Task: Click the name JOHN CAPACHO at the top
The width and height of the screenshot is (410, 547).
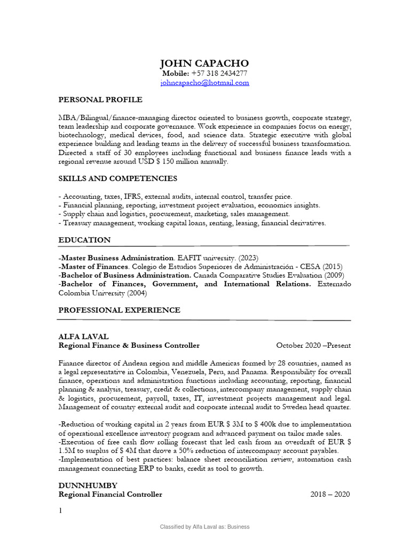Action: [x=204, y=64]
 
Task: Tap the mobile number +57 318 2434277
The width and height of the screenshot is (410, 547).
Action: [x=216, y=74]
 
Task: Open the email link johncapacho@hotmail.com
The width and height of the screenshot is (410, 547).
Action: [x=204, y=83]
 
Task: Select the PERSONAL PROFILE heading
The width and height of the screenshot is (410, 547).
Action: [x=100, y=99]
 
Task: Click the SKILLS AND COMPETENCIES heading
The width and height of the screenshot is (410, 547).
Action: [x=117, y=178]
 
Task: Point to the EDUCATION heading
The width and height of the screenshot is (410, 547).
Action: [x=84, y=240]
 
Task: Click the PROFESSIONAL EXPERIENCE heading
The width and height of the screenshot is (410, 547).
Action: [x=119, y=310]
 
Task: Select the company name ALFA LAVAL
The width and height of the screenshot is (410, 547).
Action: [x=83, y=337]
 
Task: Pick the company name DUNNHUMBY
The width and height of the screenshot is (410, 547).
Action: [x=88, y=485]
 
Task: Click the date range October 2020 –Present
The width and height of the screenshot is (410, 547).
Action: [x=313, y=346]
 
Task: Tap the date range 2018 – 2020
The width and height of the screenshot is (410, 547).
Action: [x=330, y=494]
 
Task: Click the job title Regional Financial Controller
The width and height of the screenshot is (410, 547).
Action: [x=110, y=494]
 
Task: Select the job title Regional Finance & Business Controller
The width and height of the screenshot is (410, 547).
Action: [x=129, y=346]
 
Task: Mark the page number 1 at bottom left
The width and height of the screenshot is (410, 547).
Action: [x=61, y=511]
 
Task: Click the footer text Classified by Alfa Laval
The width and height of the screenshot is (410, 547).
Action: [x=205, y=527]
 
